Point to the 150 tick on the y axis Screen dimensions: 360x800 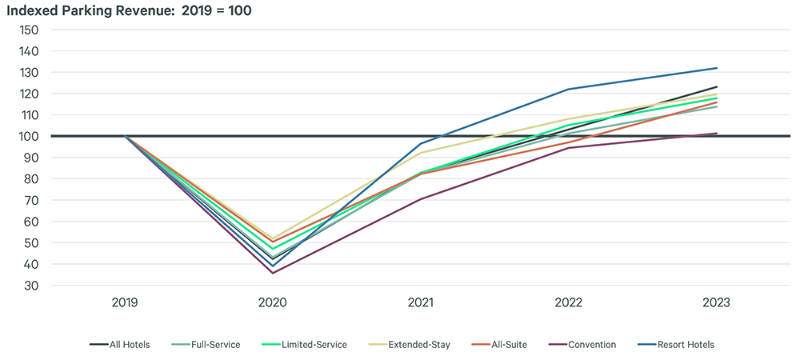(x=29, y=30)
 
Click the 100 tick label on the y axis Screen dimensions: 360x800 (x=29, y=136)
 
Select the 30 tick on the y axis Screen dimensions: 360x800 (x=32, y=286)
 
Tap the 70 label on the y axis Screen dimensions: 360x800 (x=32, y=200)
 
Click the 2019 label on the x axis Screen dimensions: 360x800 (x=125, y=303)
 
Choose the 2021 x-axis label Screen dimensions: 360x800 (x=421, y=303)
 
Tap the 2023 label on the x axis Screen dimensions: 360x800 (x=716, y=303)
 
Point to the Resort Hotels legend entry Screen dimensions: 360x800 (x=685, y=345)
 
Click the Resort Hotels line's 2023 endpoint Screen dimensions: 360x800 (x=716, y=68)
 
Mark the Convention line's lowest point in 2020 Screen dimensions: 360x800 (x=273, y=273)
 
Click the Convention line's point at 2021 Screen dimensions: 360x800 (x=421, y=199)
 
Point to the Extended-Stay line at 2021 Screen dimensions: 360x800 (x=421, y=153)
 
